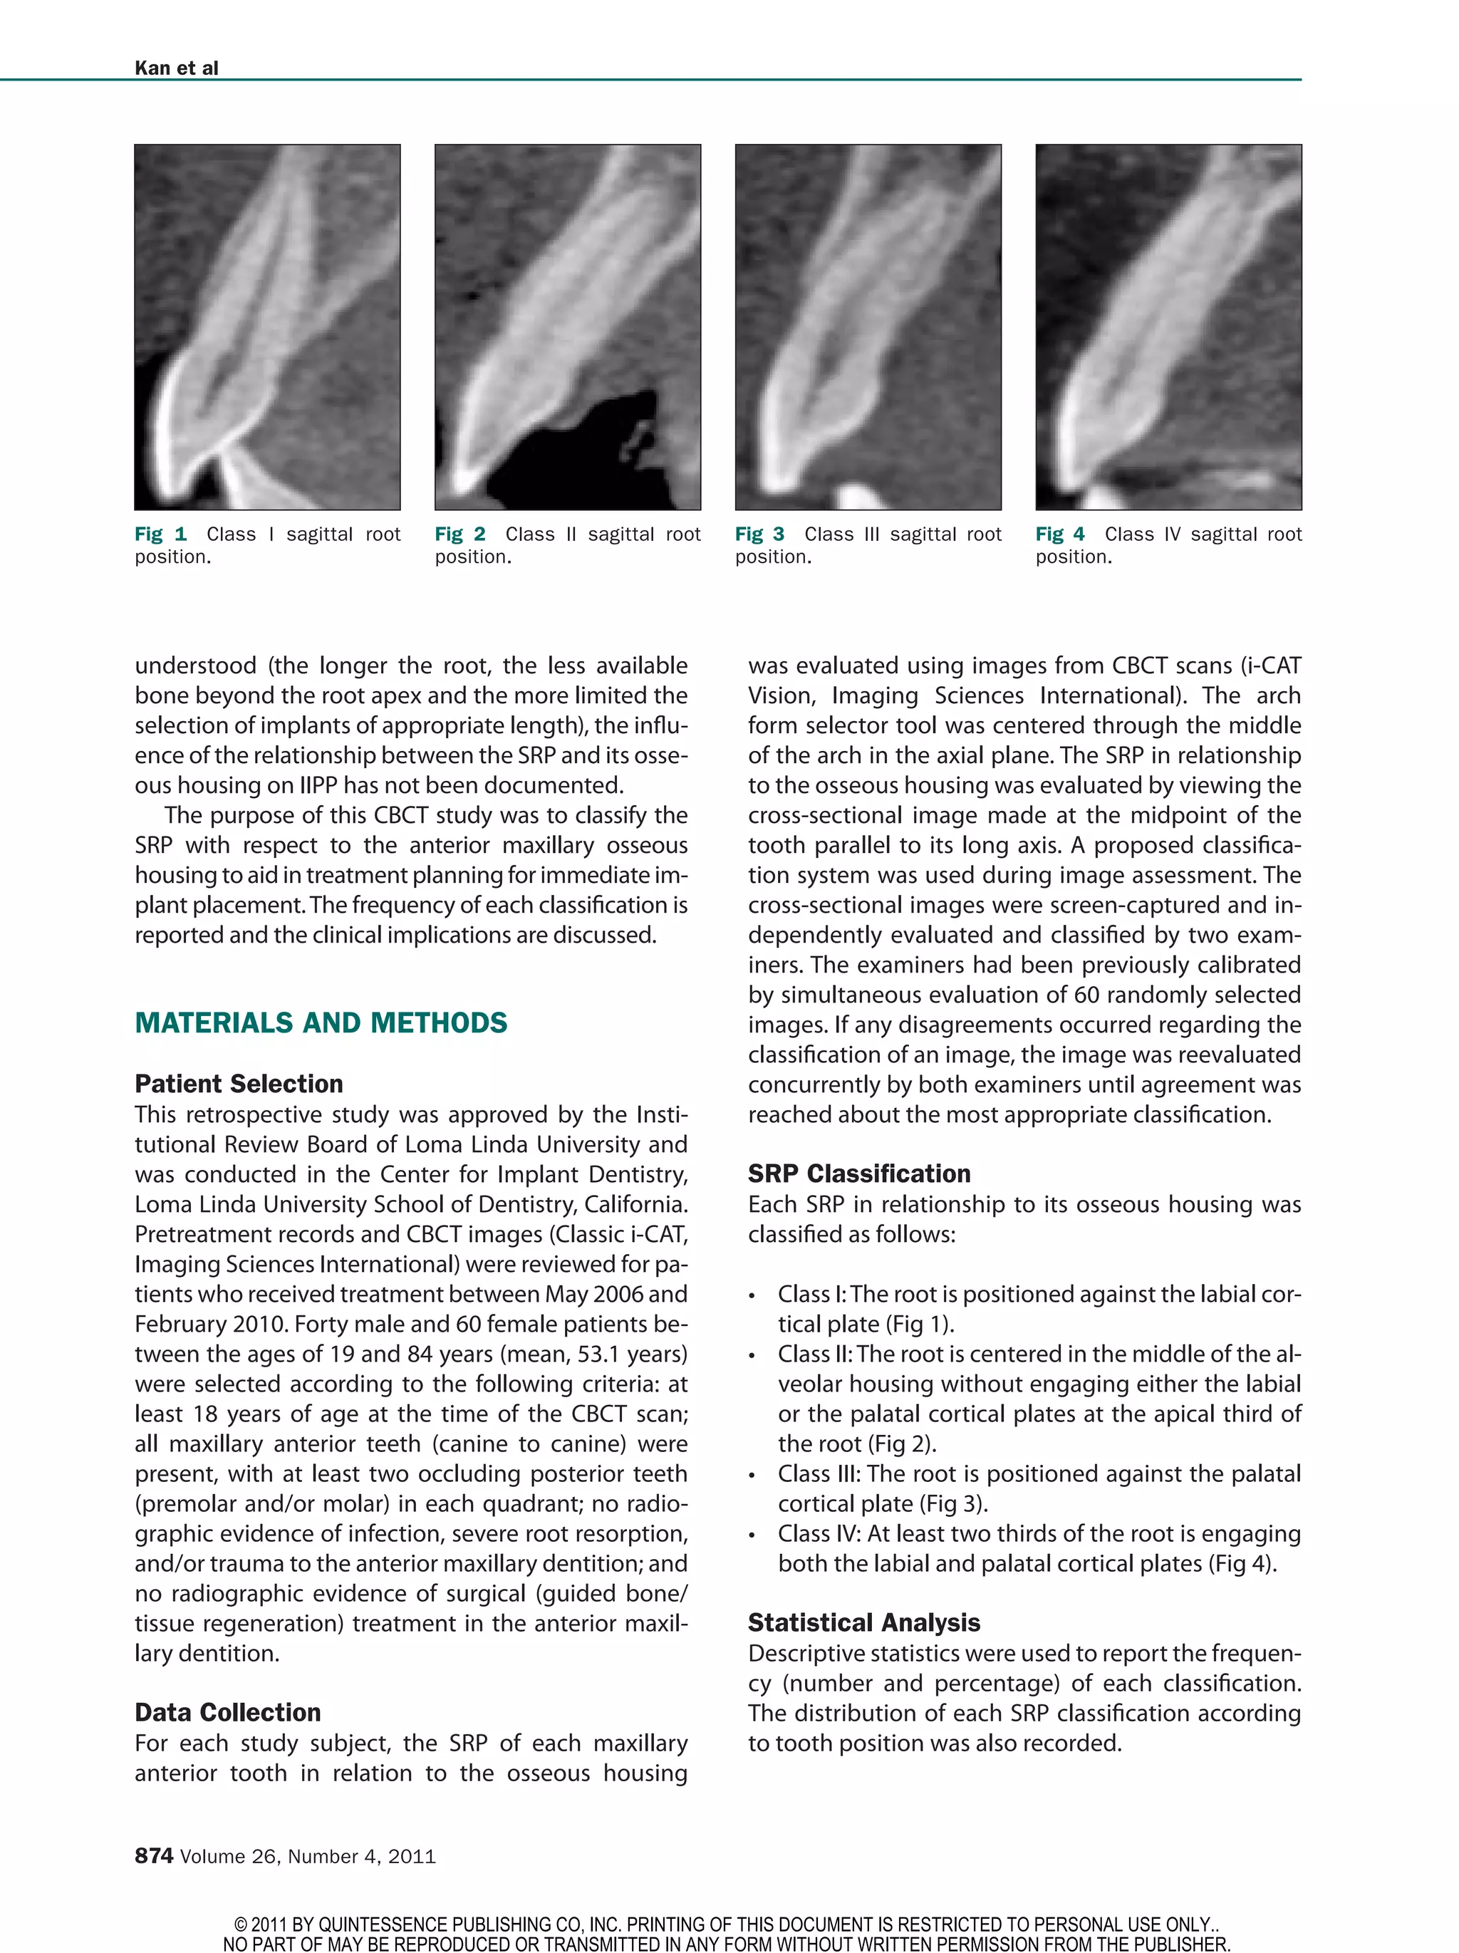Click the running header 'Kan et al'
pyautogui.click(x=176, y=68)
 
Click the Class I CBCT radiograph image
pyautogui.click(x=266, y=326)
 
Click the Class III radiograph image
pyautogui.click(x=868, y=326)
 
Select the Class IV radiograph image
pyautogui.click(x=1168, y=326)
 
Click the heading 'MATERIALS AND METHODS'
pyautogui.click(x=321, y=1022)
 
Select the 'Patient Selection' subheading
pyautogui.click(x=239, y=1083)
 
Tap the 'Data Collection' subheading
pyautogui.click(x=228, y=1712)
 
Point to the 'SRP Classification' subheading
pyautogui.click(x=859, y=1174)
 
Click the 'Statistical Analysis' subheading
pyautogui.click(x=863, y=1622)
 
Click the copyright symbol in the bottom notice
pyautogui.click(x=239, y=1924)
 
